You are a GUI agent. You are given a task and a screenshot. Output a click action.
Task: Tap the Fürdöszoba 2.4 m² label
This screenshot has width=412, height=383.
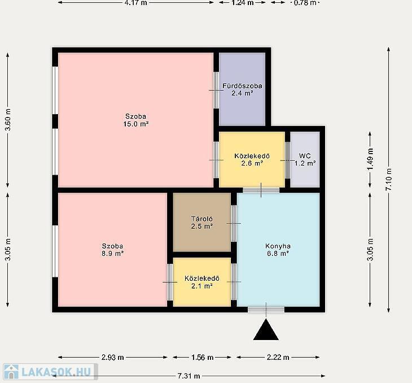242,89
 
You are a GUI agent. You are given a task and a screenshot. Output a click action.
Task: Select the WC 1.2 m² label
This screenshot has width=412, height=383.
305,160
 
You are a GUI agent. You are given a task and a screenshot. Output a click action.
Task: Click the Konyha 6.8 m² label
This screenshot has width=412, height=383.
278,250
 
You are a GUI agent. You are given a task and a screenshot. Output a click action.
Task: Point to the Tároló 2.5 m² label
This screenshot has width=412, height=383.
202,223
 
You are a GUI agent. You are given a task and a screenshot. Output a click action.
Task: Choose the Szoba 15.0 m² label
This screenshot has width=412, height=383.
136,120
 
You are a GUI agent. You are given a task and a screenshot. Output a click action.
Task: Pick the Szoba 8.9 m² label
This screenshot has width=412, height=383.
112,250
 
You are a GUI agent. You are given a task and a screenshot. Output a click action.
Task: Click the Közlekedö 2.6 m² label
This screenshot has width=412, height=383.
252,160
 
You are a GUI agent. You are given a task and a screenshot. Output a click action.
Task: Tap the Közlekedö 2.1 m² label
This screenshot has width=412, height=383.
202,282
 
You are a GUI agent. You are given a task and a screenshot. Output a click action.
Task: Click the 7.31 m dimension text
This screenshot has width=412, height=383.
189,376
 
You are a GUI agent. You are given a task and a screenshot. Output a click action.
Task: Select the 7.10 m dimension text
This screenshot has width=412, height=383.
389,180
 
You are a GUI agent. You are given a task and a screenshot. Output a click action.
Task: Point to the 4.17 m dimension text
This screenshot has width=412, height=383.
135,3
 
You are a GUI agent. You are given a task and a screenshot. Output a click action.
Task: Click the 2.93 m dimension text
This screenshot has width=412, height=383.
112,357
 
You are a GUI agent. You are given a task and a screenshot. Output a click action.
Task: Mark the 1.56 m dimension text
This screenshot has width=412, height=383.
202,357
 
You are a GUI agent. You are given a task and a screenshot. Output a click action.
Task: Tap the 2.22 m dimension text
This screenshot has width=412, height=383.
278,357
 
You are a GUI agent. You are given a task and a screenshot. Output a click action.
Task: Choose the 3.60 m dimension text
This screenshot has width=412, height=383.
8,120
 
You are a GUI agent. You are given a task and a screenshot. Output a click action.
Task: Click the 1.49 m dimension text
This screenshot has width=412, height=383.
370,159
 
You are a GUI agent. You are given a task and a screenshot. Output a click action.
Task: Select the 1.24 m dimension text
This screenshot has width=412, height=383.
243,3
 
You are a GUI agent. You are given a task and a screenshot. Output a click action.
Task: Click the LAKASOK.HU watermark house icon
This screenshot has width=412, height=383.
11,372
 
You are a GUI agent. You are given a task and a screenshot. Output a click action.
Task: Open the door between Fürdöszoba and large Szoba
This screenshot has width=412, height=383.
216,90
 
